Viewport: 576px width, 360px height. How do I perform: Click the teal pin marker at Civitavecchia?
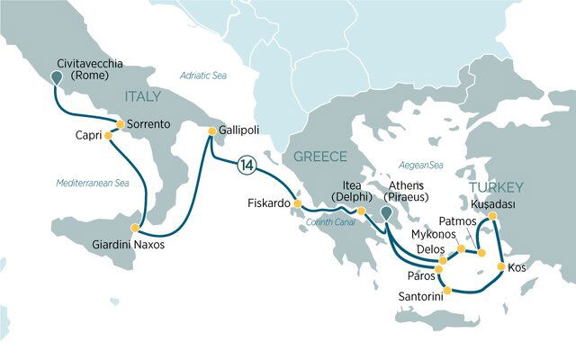pyautogui.click(x=57, y=77)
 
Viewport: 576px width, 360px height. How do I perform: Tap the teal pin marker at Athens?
pyautogui.click(x=385, y=212)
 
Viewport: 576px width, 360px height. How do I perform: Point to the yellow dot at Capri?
pyautogui.click(x=108, y=136)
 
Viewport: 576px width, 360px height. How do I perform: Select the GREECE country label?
pyautogui.click(x=312, y=159)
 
